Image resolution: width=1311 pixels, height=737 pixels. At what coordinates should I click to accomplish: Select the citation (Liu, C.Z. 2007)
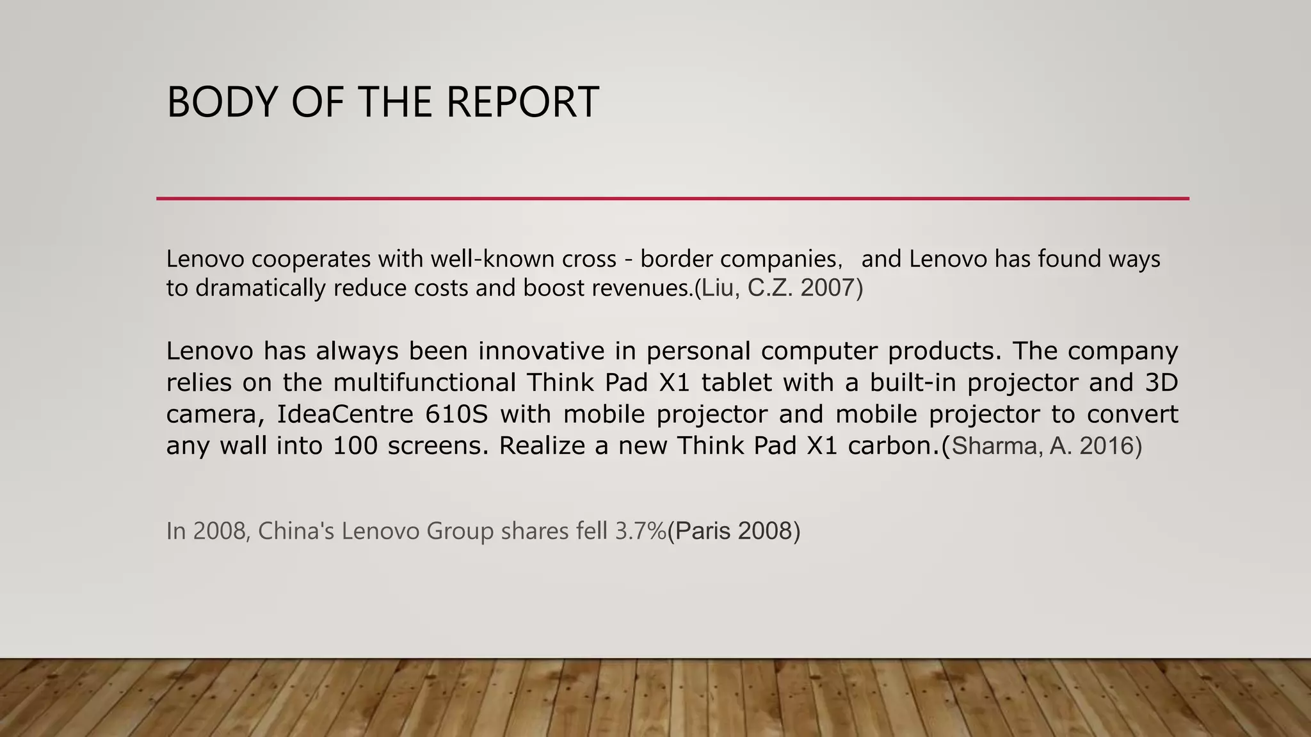pos(779,289)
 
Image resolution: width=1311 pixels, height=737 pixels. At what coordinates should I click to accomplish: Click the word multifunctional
pos(424,383)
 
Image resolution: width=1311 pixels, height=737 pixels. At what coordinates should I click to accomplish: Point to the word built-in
pos(912,383)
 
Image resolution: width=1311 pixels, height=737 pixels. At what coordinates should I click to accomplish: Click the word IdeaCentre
pos(344,415)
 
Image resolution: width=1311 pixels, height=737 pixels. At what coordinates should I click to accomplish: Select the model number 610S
pos(456,415)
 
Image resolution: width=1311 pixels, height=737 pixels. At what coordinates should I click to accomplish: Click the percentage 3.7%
pos(640,531)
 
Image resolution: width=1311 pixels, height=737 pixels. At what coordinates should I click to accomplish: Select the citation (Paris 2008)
pos(734,531)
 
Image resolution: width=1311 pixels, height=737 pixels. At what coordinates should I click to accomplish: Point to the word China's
pos(296,531)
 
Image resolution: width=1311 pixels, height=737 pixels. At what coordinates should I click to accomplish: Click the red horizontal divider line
pos(672,199)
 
